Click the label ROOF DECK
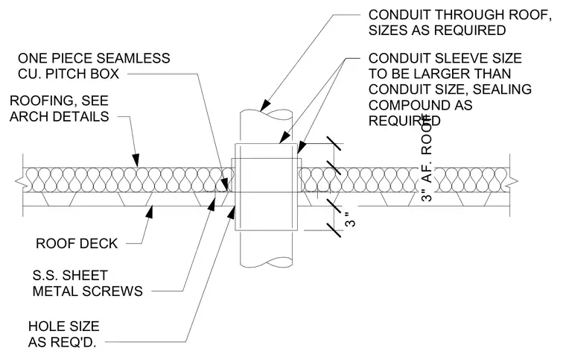(77, 244)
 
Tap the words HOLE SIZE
(64, 326)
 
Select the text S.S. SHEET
(70, 276)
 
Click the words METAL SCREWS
(88, 291)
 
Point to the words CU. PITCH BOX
(69, 74)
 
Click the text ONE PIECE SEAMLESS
(94, 58)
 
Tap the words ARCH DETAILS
(59, 116)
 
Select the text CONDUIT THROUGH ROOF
(460, 15)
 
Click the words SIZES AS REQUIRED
(437, 31)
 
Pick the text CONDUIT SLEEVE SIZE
(445, 58)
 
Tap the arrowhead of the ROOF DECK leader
(149, 212)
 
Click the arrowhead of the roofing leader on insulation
(136, 160)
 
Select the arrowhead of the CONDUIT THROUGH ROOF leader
(265, 104)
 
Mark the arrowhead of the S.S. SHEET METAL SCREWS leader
(212, 204)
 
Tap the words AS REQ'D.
(62, 342)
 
